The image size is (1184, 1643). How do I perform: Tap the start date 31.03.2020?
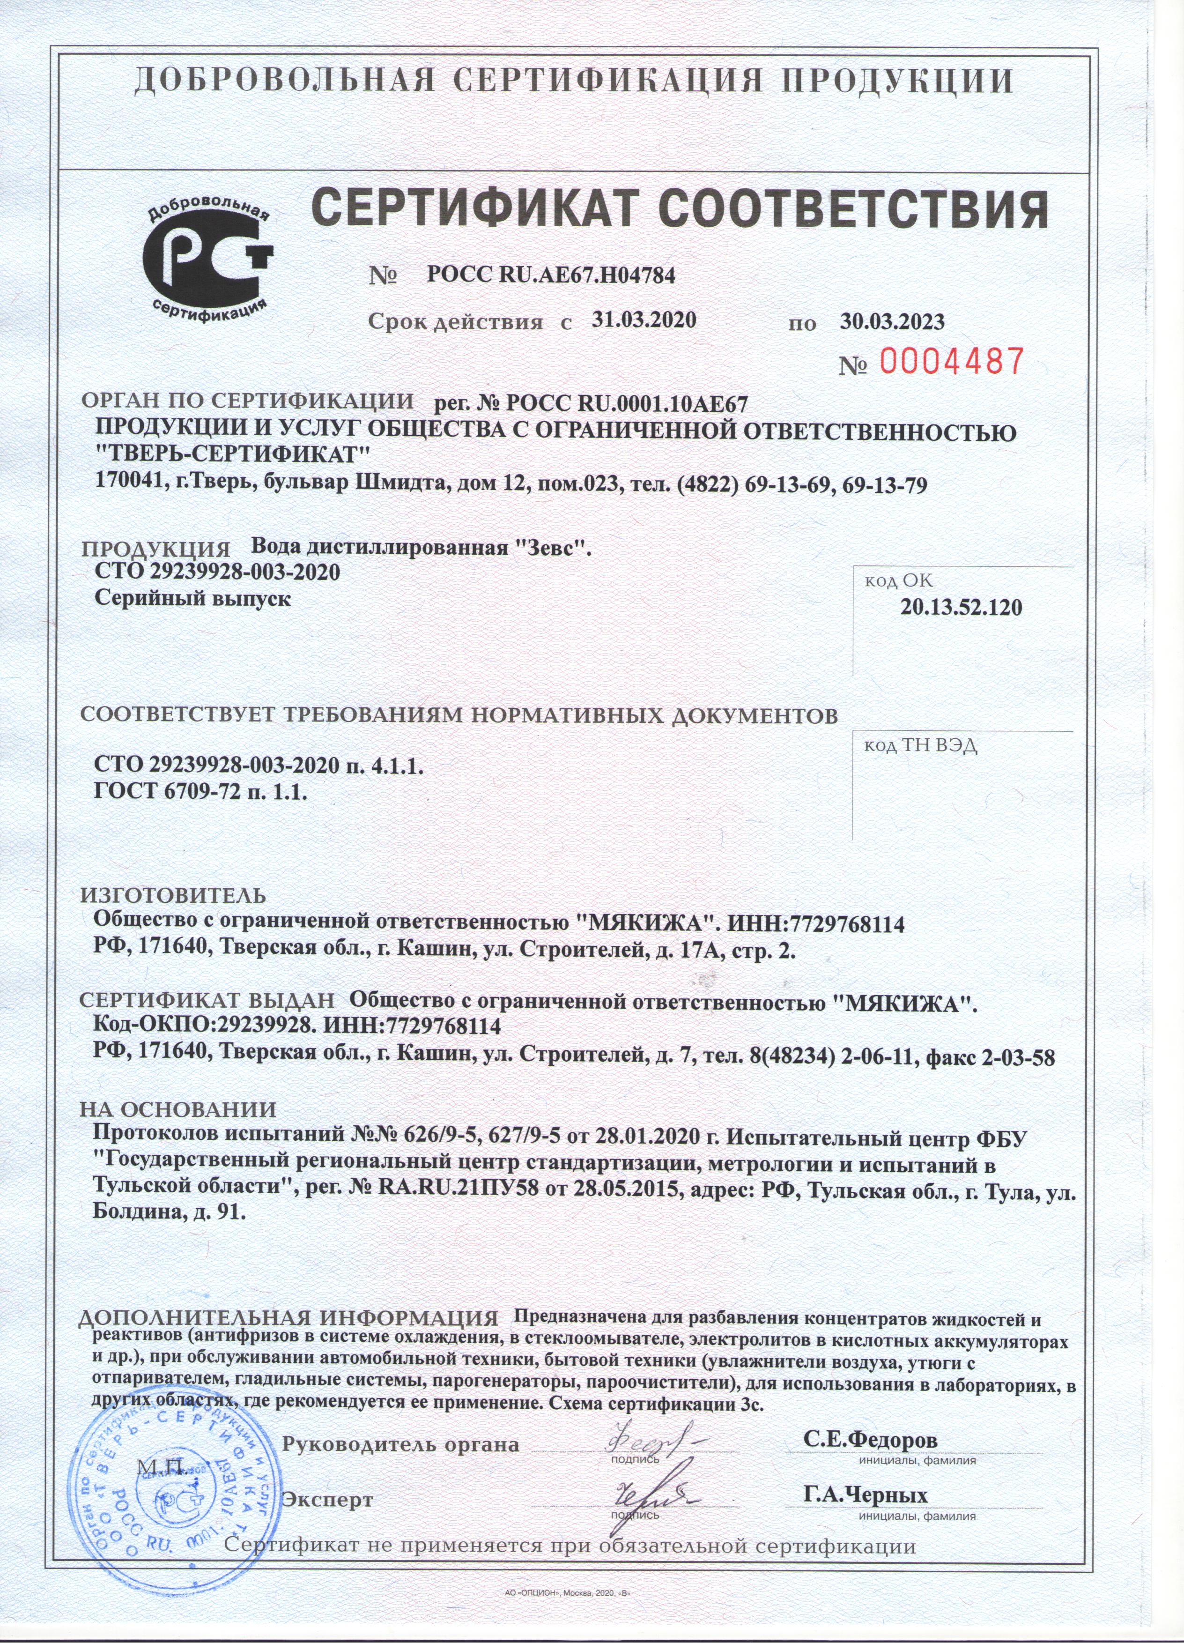click(x=644, y=320)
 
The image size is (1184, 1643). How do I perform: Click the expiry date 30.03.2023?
click(x=892, y=321)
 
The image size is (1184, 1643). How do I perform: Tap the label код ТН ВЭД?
click(x=920, y=746)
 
